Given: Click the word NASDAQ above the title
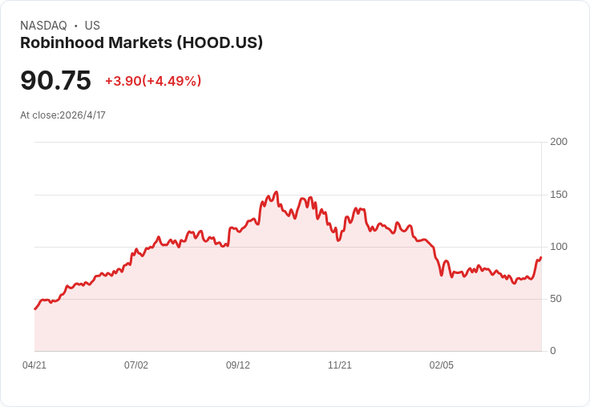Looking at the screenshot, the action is [x=43, y=26].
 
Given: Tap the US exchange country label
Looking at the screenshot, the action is [x=92, y=26].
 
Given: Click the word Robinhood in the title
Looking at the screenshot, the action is [x=62, y=42].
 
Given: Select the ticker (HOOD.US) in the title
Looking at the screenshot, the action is [x=220, y=42].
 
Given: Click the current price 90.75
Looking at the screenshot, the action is [x=55, y=80].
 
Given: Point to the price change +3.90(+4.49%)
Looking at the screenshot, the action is [x=153, y=81].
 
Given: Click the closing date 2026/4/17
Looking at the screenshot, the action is [x=83, y=115].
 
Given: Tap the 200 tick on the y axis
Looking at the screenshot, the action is [x=559, y=142].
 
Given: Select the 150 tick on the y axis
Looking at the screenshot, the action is [x=559, y=195].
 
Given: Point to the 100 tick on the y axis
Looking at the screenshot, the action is [x=559, y=247].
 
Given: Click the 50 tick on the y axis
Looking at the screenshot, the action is [x=556, y=299].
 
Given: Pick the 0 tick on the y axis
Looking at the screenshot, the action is [x=553, y=351].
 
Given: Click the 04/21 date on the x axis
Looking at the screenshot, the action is [x=34, y=365].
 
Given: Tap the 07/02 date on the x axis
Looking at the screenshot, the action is [x=136, y=365].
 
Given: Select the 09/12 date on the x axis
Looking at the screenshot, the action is [x=238, y=365].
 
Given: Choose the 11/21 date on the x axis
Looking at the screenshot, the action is [x=340, y=365].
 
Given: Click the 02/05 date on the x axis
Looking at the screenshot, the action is [x=442, y=365].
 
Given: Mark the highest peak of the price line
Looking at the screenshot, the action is [x=277, y=191].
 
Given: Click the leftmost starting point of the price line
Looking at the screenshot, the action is [x=35, y=308].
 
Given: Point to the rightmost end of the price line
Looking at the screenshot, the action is [x=541, y=257].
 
